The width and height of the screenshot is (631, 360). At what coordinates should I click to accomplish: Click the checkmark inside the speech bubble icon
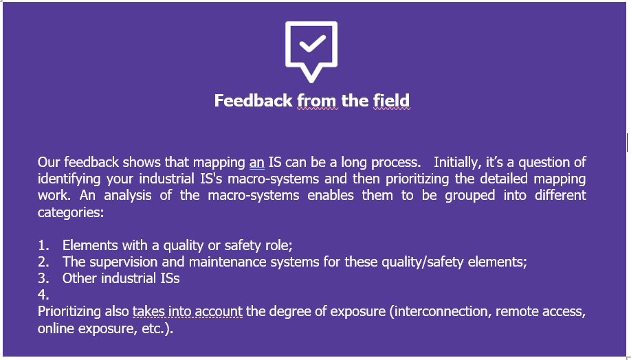pyautogui.click(x=312, y=44)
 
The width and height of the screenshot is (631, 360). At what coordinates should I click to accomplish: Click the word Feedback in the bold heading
pyautogui.click(x=254, y=100)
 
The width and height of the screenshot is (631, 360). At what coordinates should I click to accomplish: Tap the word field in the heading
pyautogui.click(x=392, y=100)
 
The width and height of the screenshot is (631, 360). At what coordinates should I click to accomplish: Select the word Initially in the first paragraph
pyautogui.click(x=456, y=163)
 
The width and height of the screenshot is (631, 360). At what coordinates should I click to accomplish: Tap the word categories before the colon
pyautogui.click(x=69, y=213)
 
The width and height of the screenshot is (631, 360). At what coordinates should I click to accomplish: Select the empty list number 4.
pyautogui.click(x=43, y=295)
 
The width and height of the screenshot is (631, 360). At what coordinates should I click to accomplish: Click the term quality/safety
pyautogui.click(x=423, y=262)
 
